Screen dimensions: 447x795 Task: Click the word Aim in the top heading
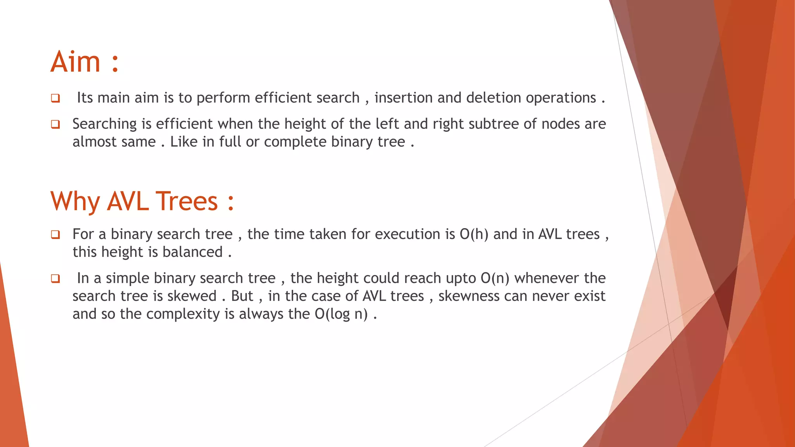tap(76, 62)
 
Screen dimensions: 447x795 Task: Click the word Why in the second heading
tap(75, 201)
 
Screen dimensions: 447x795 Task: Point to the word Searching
tap(104, 124)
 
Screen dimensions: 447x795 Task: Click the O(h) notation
tap(474, 234)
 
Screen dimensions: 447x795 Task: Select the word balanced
tap(192, 252)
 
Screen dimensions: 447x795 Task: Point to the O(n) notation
tap(495, 278)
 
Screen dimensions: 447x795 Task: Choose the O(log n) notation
tap(341, 314)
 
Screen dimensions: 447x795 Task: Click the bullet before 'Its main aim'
tap(56, 98)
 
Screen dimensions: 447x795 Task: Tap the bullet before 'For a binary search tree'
tap(56, 235)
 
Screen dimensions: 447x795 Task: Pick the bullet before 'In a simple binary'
tap(56, 279)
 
